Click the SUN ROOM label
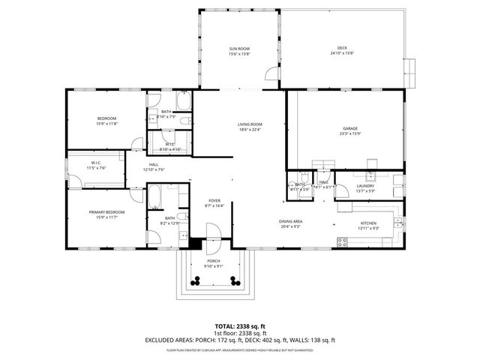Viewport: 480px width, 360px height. (239, 49)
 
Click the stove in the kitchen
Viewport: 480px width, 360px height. (343, 241)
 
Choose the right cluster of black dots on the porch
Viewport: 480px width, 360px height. (235, 281)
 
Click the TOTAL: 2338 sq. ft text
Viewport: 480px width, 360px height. (240, 326)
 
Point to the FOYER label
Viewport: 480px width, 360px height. (214, 200)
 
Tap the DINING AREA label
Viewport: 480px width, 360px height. (291, 221)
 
